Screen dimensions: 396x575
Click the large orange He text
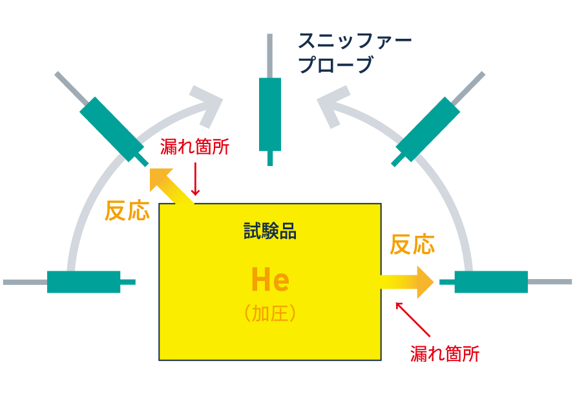(x=270, y=281)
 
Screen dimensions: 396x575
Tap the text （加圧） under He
(x=270, y=314)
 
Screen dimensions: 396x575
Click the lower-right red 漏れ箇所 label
(x=445, y=353)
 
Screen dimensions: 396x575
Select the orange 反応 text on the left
(x=127, y=211)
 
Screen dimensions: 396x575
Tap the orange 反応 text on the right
(x=412, y=245)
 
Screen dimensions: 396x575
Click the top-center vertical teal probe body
(x=270, y=113)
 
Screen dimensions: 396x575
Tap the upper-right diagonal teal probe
(x=428, y=129)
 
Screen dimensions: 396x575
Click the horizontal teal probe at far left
(x=84, y=282)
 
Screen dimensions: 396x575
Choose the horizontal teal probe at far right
(x=491, y=282)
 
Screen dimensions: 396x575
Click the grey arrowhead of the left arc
(x=208, y=105)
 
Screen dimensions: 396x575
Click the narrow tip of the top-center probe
(x=270, y=158)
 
